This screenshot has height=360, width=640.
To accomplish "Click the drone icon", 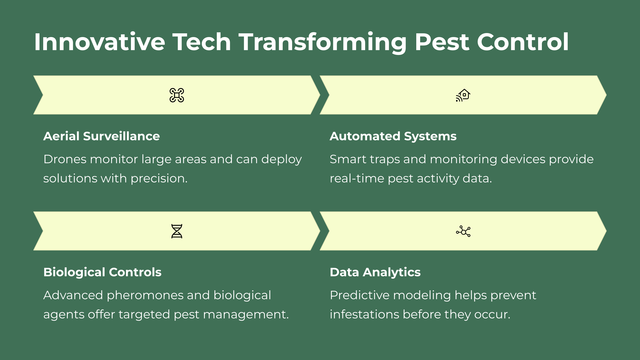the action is point(177,95).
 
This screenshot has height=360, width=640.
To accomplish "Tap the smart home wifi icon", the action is point(463,95).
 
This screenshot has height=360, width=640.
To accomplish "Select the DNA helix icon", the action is point(177,231).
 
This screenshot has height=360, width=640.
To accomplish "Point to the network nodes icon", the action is point(463,231).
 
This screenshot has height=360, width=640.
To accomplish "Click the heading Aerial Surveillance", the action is point(102,136).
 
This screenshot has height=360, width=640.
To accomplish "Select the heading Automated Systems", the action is point(393,136).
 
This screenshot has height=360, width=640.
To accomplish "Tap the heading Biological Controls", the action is point(102,272).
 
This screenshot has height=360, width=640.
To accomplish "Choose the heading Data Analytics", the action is point(375,272).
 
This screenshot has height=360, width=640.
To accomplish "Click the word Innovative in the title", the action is point(100,42).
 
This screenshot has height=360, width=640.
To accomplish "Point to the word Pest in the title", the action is point(442,42).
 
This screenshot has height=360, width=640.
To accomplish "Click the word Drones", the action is point(65,159).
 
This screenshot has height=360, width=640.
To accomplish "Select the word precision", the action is point(159,179).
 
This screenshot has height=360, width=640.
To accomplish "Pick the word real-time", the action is point(357,178).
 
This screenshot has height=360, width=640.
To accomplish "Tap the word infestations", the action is point(365,314).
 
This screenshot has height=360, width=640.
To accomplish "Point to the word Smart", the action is point(348,159).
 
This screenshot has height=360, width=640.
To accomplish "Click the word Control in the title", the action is point(523,42).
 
